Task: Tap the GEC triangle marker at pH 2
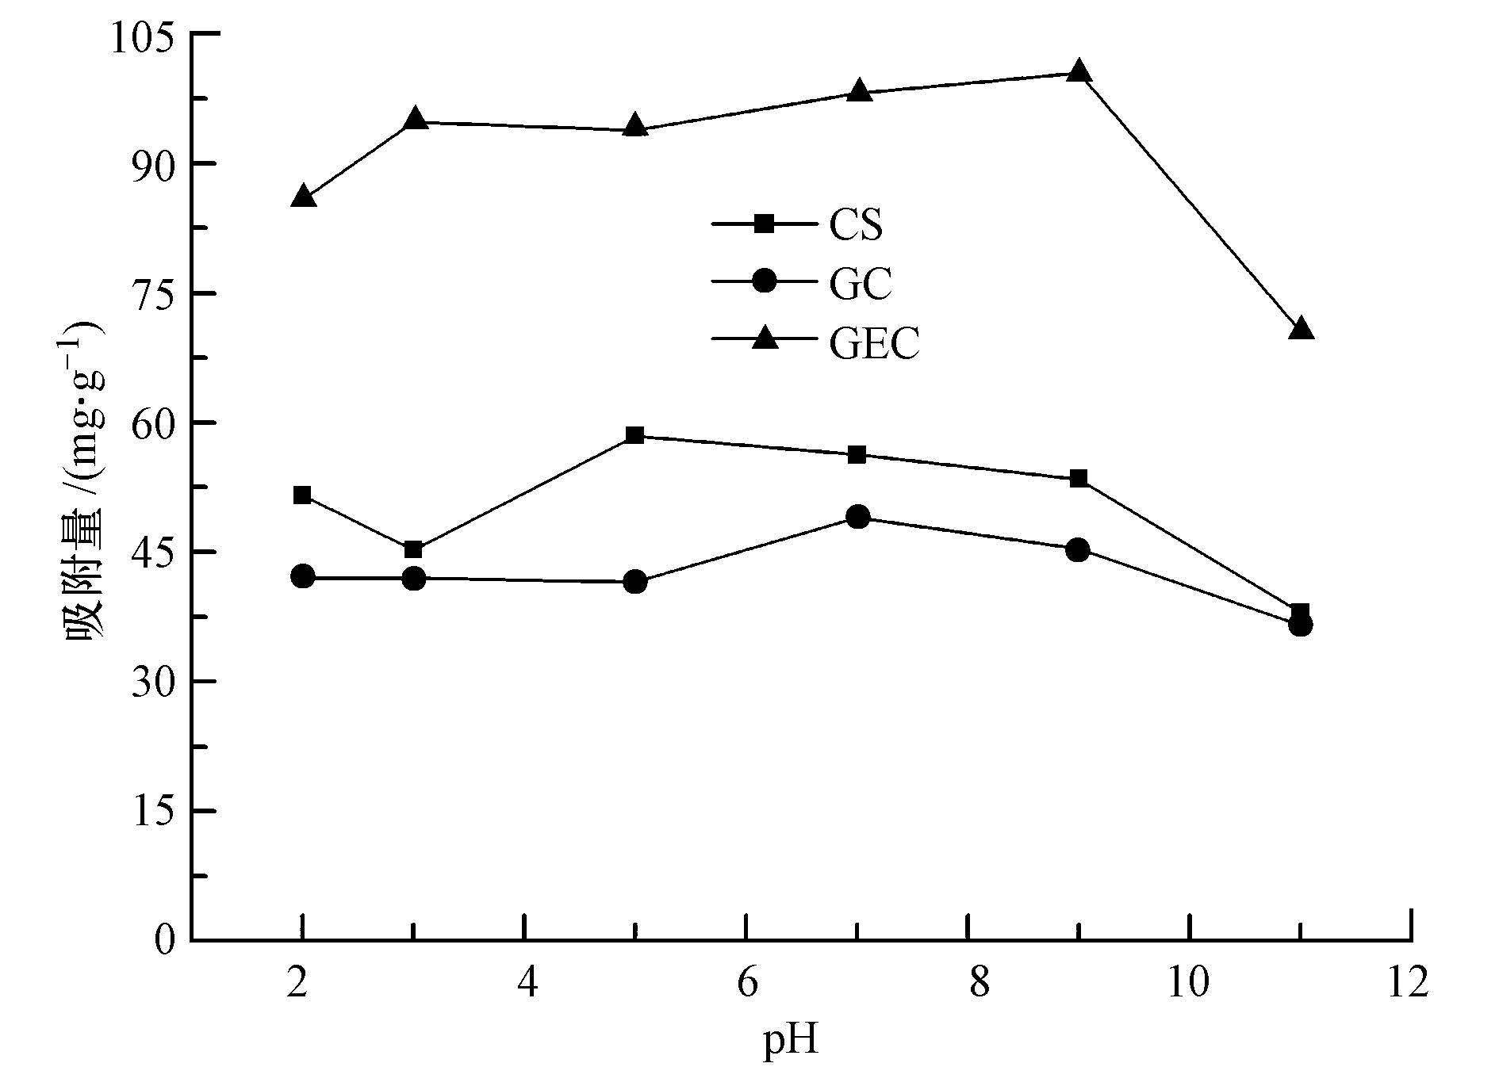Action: [303, 197]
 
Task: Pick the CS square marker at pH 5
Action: [634, 435]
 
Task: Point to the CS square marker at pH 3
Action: [413, 549]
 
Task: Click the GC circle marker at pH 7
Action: [857, 518]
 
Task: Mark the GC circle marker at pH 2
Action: [303, 576]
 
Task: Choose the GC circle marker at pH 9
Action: [1078, 549]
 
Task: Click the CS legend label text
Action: [856, 225]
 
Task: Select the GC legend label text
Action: [861, 284]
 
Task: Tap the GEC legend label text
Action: [874, 344]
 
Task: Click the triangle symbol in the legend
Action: [765, 339]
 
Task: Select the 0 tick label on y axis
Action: [164, 941]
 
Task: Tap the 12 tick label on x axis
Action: [1409, 983]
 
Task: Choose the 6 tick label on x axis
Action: [747, 983]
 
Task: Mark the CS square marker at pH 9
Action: [1078, 479]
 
